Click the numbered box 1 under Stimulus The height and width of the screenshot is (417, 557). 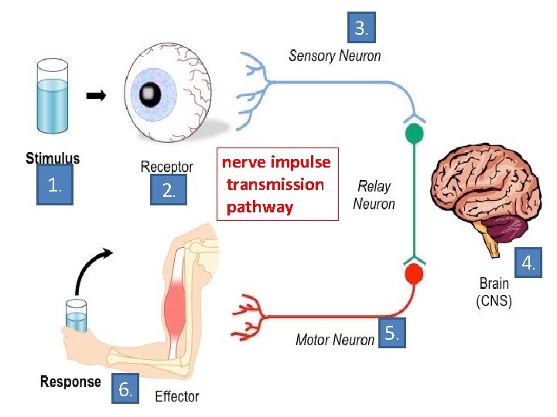[x=53, y=186]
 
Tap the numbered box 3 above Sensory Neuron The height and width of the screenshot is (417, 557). [x=361, y=30]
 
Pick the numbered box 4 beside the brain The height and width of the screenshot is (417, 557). [x=528, y=263]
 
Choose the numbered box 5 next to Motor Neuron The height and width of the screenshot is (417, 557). [x=392, y=334]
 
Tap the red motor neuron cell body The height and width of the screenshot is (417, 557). [x=415, y=274]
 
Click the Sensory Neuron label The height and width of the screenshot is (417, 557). [x=334, y=56]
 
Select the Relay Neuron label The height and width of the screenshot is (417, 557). [x=374, y=195]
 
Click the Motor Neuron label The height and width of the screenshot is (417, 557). [x=334, y=340]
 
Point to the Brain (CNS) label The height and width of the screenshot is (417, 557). [x=494, y=293]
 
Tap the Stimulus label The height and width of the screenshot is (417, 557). [x=53, y=159]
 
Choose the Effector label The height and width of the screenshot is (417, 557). [x=177, y=397]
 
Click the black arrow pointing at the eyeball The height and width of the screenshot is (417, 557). [x=96, y=96]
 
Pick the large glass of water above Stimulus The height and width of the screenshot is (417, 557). [x=53, y=106]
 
